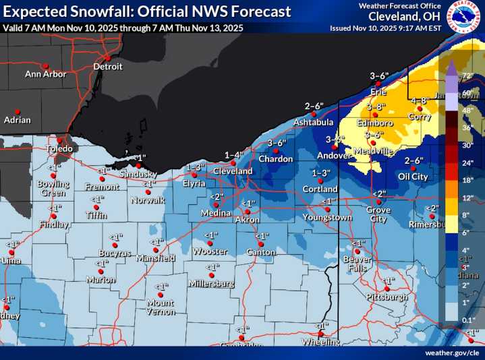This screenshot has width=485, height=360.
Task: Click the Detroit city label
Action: pos(108,67)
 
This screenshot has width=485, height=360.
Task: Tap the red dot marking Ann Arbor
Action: pos(45,65)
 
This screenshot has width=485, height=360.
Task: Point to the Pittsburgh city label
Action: pos(387,297)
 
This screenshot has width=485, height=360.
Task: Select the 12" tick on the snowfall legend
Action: pos(467,198)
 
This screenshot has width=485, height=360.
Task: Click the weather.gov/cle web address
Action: pos(451,353)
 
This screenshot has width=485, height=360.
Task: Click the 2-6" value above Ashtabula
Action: pos(314,106)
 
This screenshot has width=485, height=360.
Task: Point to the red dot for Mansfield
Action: pos(156,249)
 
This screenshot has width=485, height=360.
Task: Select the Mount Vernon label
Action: pos(161,307)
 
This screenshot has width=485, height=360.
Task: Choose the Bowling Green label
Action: pos(53,188)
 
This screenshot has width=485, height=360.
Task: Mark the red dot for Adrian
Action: pos(18,111)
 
